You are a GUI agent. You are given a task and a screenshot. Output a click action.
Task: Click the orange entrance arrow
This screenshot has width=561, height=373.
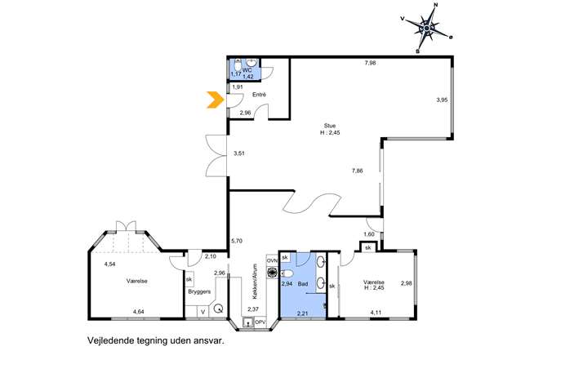pyautogui.click(x=214, y=100)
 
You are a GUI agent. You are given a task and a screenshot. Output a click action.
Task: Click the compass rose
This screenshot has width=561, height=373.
pyautogui.click(x=427, y=29)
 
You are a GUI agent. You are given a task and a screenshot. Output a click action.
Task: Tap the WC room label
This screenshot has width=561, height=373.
pyautogui.click(x=247, y=70)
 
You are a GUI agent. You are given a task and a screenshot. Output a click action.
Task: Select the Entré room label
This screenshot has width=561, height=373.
pyautogui.click(x=260, y=95)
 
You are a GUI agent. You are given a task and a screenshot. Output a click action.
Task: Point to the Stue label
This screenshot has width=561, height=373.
pyautogui.click(x=330, y=126)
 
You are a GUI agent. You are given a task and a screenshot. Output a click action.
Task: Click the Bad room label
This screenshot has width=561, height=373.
pyautogui.click(x=303, y=284)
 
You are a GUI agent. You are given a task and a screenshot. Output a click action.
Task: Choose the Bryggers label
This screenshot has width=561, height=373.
pyautogui.click(x=199, y=291)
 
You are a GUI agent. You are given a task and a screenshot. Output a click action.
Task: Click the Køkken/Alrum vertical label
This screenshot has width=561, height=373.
pyautogui.click(x=255, y=282)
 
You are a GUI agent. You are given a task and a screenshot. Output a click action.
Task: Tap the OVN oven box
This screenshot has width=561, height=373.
pyautogui.click(x=272, y=260)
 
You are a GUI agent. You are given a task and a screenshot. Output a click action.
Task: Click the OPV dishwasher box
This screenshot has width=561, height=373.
pyautogui.click(x=260, y=322)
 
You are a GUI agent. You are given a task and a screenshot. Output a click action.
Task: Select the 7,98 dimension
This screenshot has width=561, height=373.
pyautogui.click(x=370, y=63)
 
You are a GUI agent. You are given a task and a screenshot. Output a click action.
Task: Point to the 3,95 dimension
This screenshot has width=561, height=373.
pyautogui.click(x=442, y=100)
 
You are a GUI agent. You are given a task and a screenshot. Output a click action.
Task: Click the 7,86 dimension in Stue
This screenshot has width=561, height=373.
pyautogui.click(x=357, y=171)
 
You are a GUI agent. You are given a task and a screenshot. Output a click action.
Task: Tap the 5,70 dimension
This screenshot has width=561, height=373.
pyautogui.click(x=237, y=241)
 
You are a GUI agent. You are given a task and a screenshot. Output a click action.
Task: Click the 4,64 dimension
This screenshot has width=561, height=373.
pyautogui.click(x=139, y=312)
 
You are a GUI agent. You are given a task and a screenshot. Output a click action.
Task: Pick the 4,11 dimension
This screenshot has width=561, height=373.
pyautogui.click(x=376, y=313)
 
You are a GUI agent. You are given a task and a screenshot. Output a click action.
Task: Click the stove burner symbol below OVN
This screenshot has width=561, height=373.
pyautogui.click(x=272, y=273)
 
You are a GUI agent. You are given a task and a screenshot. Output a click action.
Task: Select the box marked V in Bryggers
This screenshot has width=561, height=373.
pyautogui.click(x=203, y=312)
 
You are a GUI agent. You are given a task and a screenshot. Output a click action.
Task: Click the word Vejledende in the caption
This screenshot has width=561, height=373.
pyautogui.click(x=111, y=341)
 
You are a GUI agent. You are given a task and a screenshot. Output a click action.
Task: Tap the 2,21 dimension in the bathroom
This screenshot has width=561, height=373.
pyautogui.click(x=303, y=313)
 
